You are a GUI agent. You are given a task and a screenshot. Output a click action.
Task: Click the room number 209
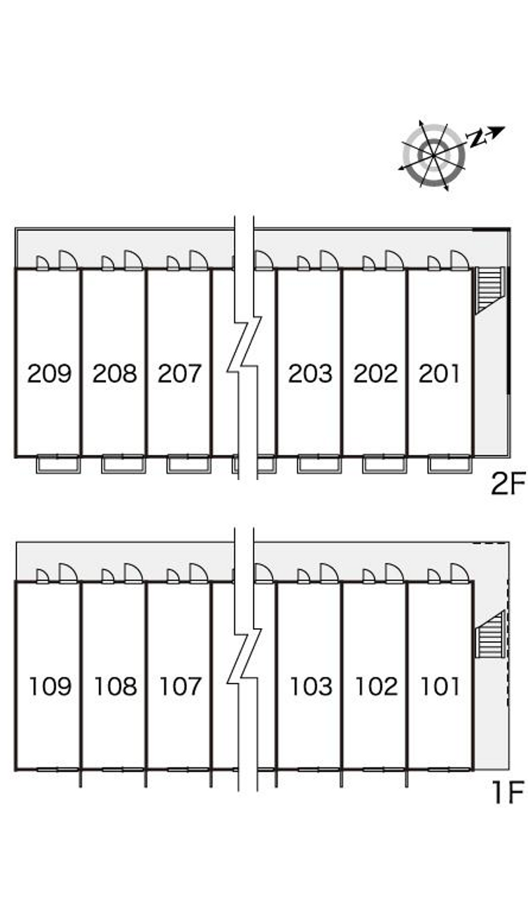(x=49, y=373)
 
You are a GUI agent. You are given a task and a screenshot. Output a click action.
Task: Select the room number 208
(x=115, y=373)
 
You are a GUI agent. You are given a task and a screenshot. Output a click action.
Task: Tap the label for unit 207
(x=180, y=373)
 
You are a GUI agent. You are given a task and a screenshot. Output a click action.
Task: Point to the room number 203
(x=310, y=373)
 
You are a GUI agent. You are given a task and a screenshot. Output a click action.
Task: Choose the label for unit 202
(x=376, y=373)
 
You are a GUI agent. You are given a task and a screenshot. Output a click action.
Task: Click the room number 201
(x=440, y=373)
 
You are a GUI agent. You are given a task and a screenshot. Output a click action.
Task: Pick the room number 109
(x=50, y=686)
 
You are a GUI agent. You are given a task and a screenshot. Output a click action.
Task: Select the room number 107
(x=181, y=686)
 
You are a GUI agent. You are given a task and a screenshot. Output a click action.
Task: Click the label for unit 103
(x=312, y=686)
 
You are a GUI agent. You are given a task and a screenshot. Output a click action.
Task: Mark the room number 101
(x=440, y=686)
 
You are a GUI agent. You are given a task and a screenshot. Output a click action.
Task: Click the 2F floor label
(x=508, y=483)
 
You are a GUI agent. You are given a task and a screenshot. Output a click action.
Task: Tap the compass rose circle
(x=434, y=155)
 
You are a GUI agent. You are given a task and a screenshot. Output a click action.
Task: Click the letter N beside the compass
(x=476, y=139)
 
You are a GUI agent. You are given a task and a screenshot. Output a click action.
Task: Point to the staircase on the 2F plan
(x=490, y=290)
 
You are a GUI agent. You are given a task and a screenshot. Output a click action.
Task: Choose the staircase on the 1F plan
(x=490, y=635)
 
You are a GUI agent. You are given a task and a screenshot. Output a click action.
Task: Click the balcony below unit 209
(x=58, y=464)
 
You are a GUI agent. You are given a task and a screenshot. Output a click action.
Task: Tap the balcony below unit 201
(x=449, y=464)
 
